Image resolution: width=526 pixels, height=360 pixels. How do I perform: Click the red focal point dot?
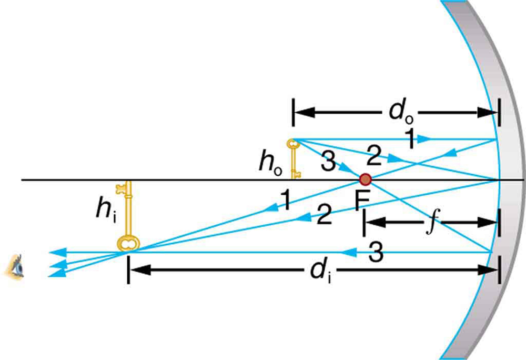point(365,179)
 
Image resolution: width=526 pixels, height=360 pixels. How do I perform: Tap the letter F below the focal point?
point(361,202)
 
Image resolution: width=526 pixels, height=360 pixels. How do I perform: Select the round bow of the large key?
point(128,243)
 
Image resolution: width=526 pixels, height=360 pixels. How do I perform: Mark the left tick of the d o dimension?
point(293,113)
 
